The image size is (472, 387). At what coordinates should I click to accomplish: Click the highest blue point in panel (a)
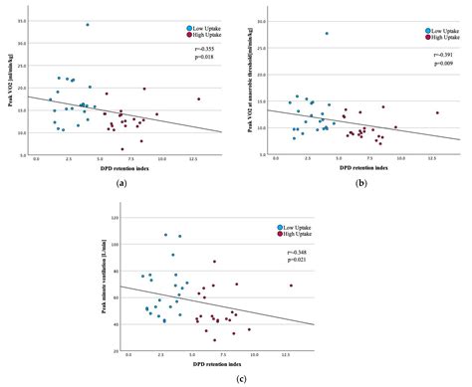(88, 25)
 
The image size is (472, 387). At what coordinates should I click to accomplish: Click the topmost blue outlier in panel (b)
(326, 34)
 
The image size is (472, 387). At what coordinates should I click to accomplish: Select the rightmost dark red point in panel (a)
(199, 98)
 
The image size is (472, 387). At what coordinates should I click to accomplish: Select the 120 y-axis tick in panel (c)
(116, 217)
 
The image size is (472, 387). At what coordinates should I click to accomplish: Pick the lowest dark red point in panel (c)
(214, 340)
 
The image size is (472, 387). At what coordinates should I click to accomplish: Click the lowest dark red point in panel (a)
(121, 149)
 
